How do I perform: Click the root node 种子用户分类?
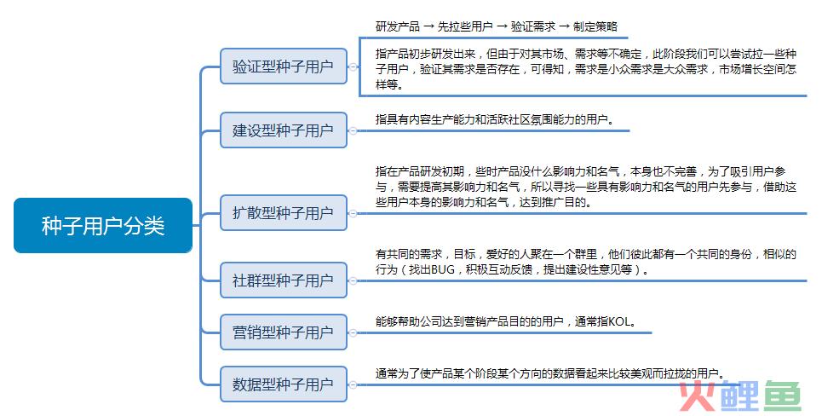point(103,226)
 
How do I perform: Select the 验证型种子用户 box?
point(283,66)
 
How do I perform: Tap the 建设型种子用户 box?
point(283,130)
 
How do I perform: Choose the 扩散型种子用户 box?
point(283,212)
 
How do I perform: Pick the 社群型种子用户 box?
point(283,280)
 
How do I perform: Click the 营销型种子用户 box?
point(283,332)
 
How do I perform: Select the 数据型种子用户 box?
point(283,384)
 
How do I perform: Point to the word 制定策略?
point(595,26)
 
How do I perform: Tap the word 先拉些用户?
point(465,26)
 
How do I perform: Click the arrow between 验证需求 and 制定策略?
point(564,26)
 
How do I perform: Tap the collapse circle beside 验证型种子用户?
point(354,66)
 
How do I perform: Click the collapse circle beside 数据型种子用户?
point(354,384)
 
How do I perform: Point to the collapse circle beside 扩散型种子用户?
point(354,213)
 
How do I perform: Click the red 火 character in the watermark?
point(698,396)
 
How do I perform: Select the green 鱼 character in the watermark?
point(782,396)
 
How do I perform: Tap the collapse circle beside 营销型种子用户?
point(354,332)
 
